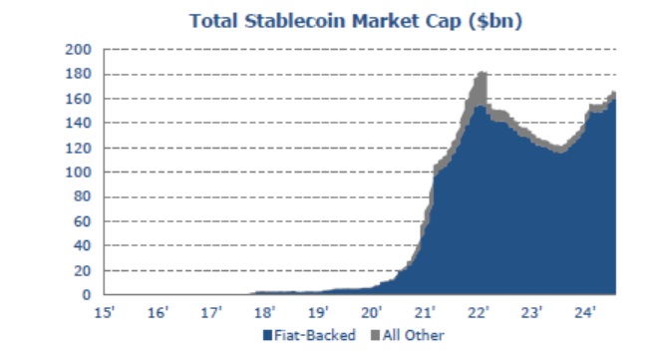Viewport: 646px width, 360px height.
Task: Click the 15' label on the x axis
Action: pyautogui.click(x=103, y=312)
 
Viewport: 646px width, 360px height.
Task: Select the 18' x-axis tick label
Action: pyautogui.click(x=264, y=312)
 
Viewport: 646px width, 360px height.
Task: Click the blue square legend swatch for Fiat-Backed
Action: pyautogui.click(x=267, y=335)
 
